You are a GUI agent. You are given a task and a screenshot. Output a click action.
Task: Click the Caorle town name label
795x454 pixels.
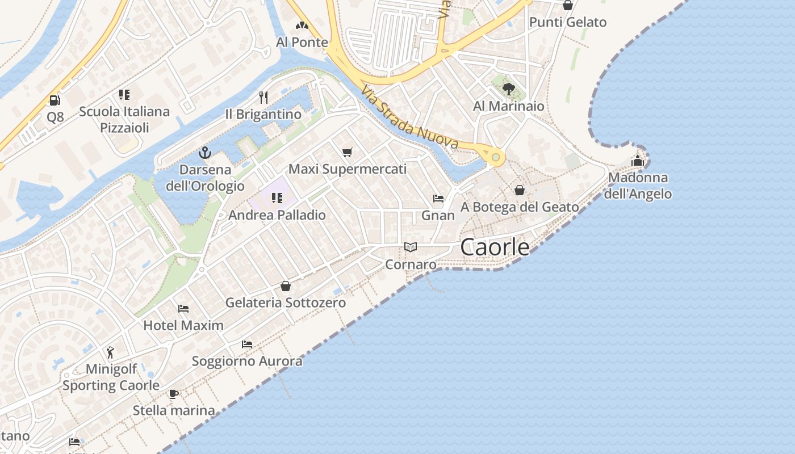click(495, 247)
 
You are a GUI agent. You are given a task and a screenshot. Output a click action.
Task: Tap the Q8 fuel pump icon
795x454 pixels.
click(55, 100)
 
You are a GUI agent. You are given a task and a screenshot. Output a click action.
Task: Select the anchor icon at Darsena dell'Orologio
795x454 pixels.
click(205, 152)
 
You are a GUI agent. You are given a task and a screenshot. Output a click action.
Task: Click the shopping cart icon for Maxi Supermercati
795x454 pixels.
click(348, 152)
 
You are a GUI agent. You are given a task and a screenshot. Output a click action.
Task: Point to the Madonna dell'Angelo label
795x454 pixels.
click(638, 186)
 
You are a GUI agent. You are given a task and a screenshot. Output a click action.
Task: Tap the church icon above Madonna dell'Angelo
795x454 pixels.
click(638, 161)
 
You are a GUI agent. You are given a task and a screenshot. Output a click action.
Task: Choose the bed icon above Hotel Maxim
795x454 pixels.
click(183, 309)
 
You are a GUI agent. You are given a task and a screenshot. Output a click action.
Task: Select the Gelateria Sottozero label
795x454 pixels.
click(286, 302)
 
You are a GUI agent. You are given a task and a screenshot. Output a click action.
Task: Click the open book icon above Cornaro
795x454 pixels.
click(411, 247)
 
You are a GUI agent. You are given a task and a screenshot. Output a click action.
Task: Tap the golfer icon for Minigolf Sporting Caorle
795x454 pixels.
click(110, 352)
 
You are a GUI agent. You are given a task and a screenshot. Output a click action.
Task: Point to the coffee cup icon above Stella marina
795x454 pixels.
click(173, 393)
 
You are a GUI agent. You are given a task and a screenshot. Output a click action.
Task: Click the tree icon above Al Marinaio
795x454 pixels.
click(508, 89)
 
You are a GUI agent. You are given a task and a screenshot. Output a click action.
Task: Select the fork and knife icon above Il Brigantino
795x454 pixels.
click(263, 97)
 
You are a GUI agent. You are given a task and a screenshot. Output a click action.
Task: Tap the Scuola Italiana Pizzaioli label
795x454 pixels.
click(124, 119)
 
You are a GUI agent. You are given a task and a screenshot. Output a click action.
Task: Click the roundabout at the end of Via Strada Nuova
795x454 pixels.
click(496, 157)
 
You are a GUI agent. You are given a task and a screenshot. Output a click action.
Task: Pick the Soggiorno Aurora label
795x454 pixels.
click(247, 361)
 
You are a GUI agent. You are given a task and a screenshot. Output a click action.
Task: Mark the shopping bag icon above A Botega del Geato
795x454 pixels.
click(520, 190)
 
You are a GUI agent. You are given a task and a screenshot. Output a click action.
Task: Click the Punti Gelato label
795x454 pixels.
click(568, 22)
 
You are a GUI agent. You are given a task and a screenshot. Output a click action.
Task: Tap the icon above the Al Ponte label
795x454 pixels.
click(302, 25)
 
